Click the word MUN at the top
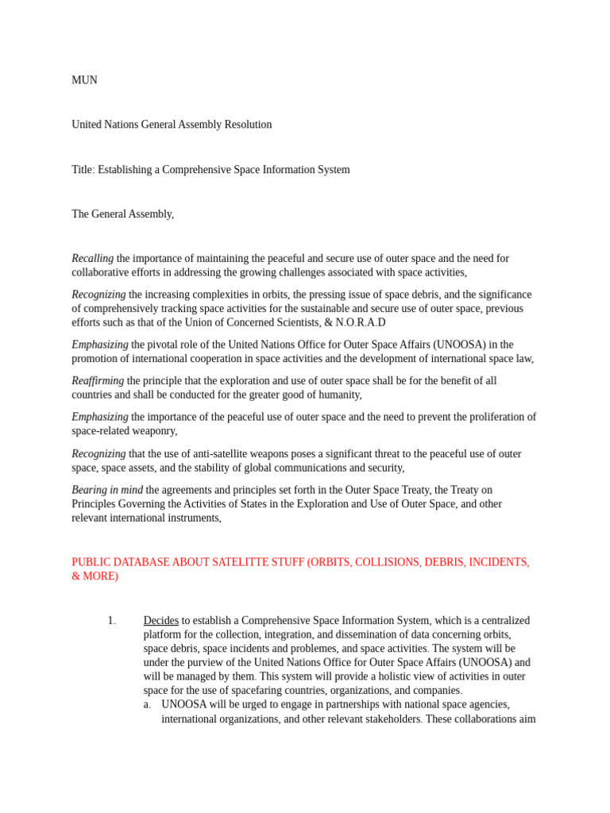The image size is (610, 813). (x=84, y=80)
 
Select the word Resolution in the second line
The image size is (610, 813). (x=246, y=125)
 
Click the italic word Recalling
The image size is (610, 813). (x=92, y=259)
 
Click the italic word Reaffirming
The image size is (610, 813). (x=98, y=381)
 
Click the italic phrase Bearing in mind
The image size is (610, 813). (x=107, y=491)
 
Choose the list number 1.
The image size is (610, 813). (x=111, y=621)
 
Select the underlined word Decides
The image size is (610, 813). (x=160, y=621)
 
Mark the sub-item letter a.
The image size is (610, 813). (x=147, y=705)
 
